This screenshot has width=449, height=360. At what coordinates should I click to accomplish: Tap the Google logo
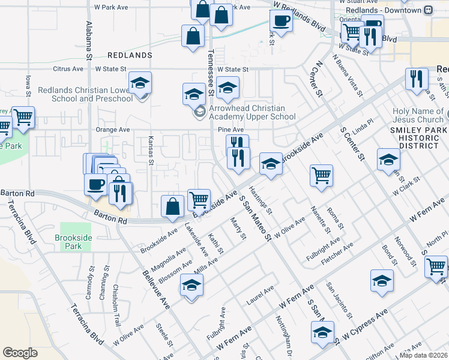pyautogui.click(x=20, y=353)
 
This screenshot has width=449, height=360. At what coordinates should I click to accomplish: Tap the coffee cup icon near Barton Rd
pyautogui.click(x=95, y=184)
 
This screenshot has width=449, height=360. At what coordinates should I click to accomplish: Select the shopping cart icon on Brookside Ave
pyautogui.click(x=199, y=199)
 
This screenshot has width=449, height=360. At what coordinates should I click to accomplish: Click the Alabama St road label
pyautogui.click(x=89, y=37)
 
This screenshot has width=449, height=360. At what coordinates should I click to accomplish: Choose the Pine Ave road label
pyautogui.click(x=231, y=130)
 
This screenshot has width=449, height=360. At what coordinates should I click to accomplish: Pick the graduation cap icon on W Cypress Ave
pyautogui.click(x=322, y=332)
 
